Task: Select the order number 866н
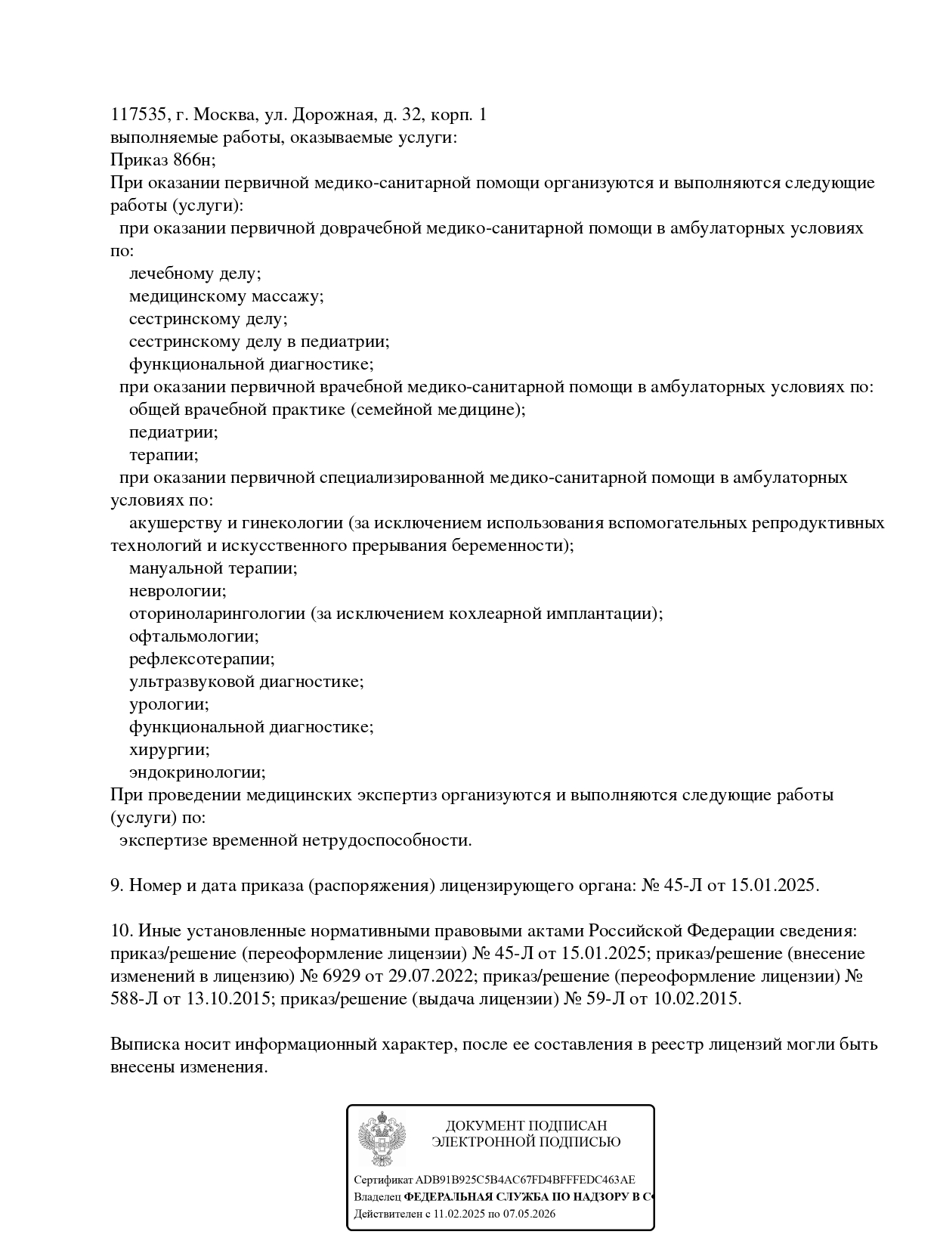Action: click(192, 160)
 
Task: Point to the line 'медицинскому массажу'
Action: click(226, 296)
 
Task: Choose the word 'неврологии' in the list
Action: click(178, 591)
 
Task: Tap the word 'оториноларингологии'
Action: click(217, 614)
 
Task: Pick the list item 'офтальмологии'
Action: click(193, 636)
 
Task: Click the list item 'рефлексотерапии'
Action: click(202, 659)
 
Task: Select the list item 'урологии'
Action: click(169, 704)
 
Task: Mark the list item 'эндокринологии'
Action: click(197, 772)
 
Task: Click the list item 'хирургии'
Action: click(169, 750)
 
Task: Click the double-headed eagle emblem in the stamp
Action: click(382, 1138)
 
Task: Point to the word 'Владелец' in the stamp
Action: click(377, 1197)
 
